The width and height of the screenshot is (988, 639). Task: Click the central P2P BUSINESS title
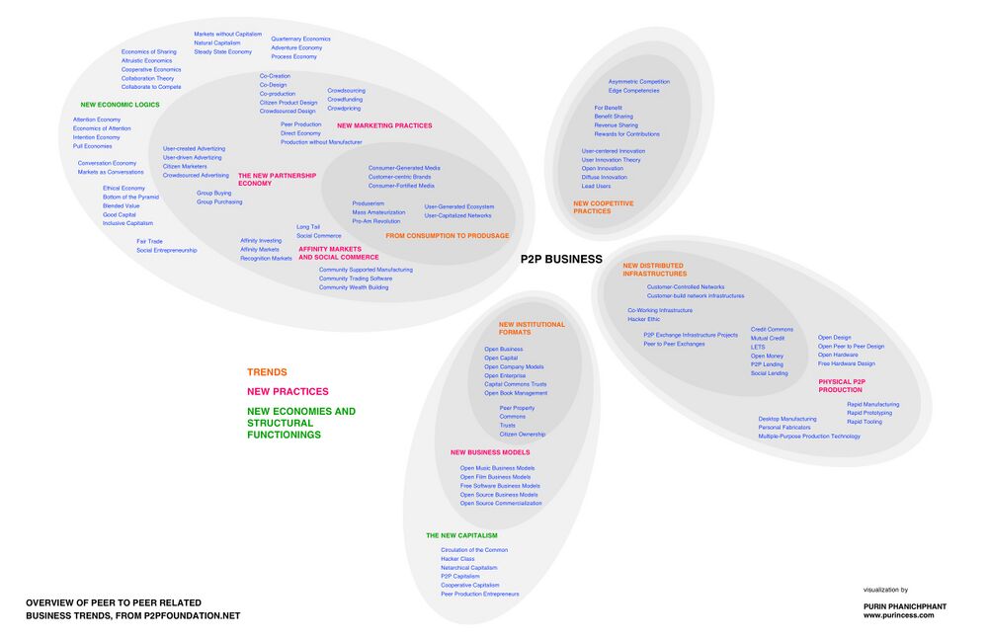coord(561,260)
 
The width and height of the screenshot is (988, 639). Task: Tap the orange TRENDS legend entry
coord(267,372)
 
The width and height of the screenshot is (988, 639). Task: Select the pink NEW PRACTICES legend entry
coord(288,392)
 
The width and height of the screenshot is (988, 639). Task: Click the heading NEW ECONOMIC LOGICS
coord(120,105)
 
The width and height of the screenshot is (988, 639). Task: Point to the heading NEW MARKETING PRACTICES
coord(384,125)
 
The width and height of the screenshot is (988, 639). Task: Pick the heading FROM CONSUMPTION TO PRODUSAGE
coord(447,236)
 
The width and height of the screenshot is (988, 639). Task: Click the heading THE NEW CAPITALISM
coord(461,535)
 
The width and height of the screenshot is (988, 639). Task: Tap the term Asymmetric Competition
coord(638,82)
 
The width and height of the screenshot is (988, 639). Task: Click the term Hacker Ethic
coord(643,319)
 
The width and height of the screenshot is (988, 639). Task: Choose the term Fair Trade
coord(149,241)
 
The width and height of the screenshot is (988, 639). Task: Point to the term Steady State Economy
coord(222,51)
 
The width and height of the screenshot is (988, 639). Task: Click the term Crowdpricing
coord(344,109)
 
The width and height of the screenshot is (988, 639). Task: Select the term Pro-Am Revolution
coord(376,221)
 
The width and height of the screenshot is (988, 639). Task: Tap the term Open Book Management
coord(516,393)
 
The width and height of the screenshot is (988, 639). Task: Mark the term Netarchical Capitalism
coord(469,568)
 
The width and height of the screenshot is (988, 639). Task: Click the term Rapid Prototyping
coord(869,413)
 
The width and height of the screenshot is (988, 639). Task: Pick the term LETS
coord(758,348)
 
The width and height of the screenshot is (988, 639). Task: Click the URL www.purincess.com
coord(898,614)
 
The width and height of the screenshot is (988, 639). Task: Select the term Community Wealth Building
coord(354,287)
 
